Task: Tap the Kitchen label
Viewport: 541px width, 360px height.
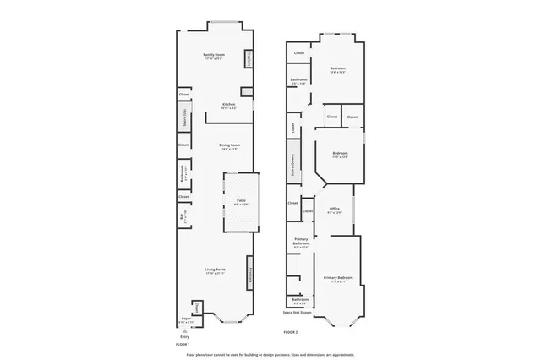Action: (x=217, y=105)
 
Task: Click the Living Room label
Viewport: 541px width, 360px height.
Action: (x=215, y=270)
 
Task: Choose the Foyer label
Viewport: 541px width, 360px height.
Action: (x=186, y=319)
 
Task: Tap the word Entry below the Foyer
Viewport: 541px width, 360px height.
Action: (x=186, y=335)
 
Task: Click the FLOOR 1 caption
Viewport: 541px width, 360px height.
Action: (x=183, y=345)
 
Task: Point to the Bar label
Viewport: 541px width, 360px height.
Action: (x=183, y=217)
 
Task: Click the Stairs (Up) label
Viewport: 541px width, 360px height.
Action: (x=183, y=117)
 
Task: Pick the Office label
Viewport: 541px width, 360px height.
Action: (x=335, y=209)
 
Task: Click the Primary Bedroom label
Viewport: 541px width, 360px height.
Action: (x=338, y=279)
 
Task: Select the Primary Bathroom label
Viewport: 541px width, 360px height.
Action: (x=301, y=242)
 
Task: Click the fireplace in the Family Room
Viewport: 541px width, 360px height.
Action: (x=249, y=60)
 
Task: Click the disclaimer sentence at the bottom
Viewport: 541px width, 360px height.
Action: (x=270, y=353)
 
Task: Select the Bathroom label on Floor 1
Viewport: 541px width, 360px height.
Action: (x=183, y=173)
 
